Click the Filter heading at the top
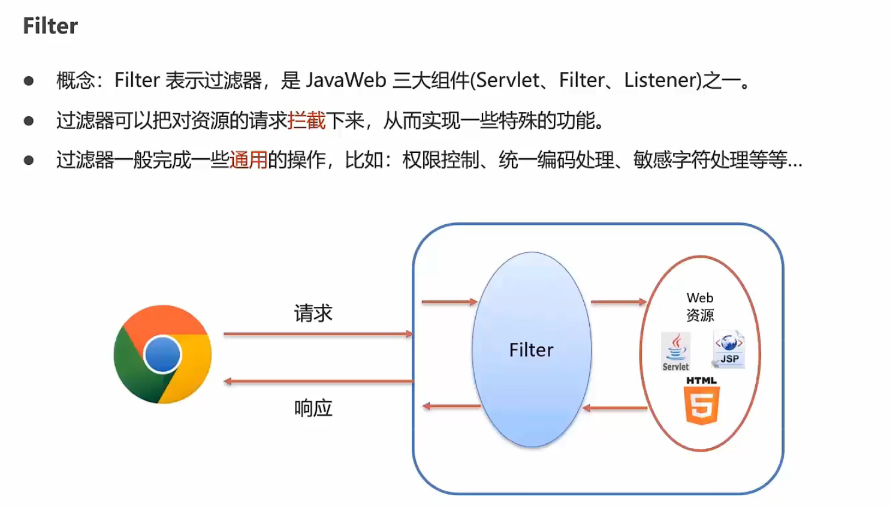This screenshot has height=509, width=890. (x=50, y=26)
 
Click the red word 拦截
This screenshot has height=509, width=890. (x=306, y=121)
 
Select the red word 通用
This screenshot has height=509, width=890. (x=248, y=160)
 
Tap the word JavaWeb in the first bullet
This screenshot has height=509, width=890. (x=346, y=80)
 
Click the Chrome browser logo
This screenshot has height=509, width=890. (x=162, y=354)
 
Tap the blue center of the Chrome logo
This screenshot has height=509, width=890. (x=162, y=354)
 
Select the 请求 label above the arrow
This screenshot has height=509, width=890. (x=313, y=313)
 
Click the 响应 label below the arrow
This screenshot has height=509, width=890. (x=313, y=408)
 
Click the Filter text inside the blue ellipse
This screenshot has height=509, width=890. (x=531, y=350)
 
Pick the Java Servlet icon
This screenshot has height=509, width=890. (x=675, y=351)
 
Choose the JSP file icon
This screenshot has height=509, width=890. (x=729, y=349)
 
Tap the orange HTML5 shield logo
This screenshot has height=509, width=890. (x=702, y=405)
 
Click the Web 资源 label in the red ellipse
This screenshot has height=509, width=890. (x=700, y=306)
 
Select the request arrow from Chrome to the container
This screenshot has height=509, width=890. (x=318, y=334)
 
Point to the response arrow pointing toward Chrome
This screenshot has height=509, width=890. (x=318, y=381)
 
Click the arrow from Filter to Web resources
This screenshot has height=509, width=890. (x=619, y=302)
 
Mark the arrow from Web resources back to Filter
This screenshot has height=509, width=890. (x=615, y=408)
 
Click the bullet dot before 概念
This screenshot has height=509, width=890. (x=29, y=81)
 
